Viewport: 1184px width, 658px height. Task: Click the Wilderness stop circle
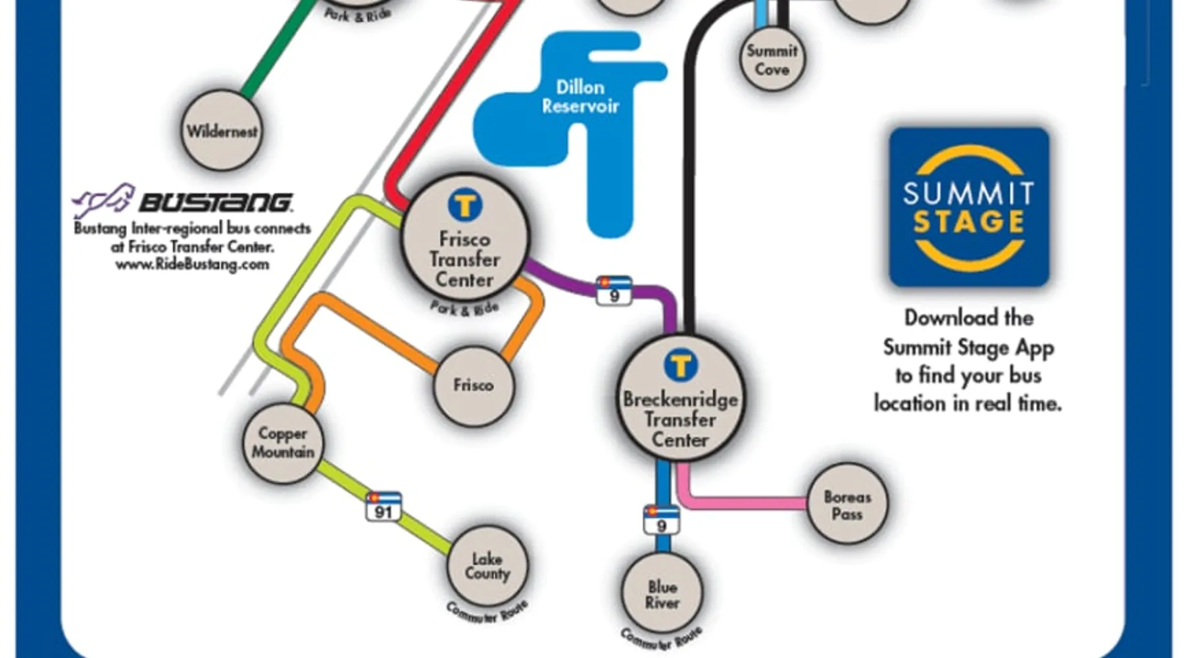(222, 131)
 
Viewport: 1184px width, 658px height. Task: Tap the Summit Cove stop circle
(772, 60)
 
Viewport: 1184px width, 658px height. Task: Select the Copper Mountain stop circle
(283, 442)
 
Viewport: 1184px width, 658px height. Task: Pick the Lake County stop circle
(487, 566)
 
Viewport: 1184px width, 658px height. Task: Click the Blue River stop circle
(662, 594)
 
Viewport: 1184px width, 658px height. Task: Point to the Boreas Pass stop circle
(847, 505)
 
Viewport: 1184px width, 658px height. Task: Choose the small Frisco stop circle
(473, 385)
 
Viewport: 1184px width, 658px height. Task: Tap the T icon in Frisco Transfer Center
(465, 205)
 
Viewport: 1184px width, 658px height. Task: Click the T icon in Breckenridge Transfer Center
(680, 365)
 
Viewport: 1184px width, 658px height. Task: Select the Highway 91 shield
(383, 507)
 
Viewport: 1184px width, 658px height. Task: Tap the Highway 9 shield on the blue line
(662, 520)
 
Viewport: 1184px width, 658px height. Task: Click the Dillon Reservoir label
(580, 97)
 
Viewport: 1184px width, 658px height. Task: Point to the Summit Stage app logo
(969, 207)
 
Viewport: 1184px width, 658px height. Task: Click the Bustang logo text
(215, 202)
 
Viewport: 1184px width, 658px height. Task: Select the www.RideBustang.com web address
(192, 265)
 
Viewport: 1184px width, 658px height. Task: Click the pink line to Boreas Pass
(743, 503)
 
